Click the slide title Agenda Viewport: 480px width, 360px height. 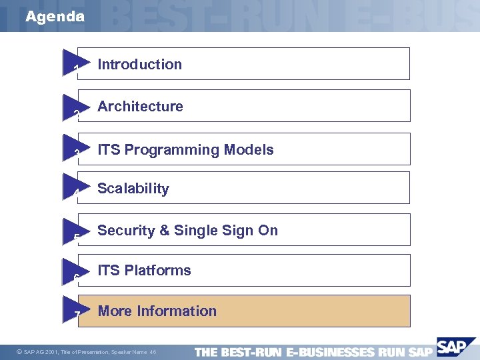pos(55,17)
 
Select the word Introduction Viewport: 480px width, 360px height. pos(139,65)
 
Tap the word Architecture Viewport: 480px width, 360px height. pos(140,107)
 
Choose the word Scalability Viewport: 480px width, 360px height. pos(133,189)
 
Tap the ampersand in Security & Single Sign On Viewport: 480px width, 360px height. pos(164,231)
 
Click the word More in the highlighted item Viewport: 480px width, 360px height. pos(115,311)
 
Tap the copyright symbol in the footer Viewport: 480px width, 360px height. pos(18,351)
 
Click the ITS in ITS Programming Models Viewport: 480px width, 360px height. pos(109,150)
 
